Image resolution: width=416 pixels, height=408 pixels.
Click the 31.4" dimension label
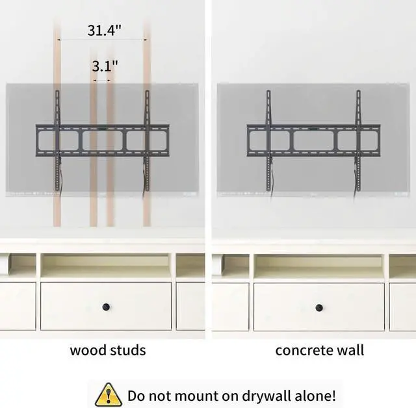105,31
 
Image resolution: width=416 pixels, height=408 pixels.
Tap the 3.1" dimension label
105,66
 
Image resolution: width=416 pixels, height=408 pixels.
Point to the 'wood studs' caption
108,350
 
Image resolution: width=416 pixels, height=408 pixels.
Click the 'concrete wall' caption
319,350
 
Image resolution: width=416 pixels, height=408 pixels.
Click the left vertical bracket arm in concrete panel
268,140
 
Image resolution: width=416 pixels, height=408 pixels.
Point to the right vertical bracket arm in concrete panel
357,140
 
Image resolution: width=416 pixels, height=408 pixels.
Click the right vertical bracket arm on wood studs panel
147,140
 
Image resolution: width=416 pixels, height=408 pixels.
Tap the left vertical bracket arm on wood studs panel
57,140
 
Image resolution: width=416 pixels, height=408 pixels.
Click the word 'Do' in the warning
137,395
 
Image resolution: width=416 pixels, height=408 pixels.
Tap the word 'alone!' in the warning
314,395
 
